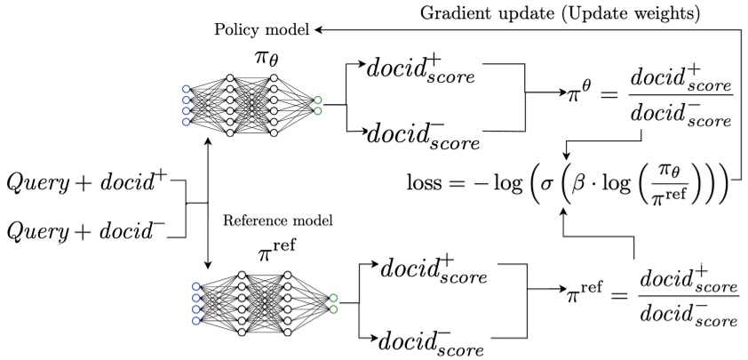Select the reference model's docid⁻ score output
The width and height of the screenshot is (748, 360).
(x=434, y=339)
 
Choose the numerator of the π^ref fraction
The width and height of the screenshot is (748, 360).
(x=687, y=277)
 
